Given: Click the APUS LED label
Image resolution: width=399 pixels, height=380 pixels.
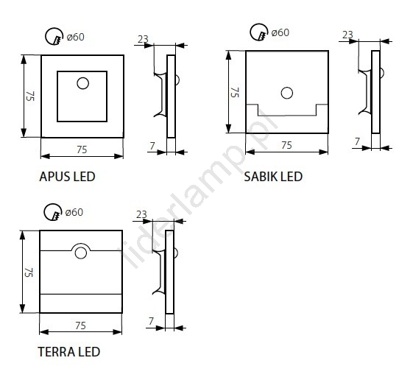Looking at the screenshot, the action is [67, 177].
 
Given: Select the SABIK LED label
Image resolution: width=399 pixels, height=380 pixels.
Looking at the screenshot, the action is [273, 177].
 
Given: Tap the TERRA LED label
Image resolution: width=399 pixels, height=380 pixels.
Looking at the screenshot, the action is [69, 352].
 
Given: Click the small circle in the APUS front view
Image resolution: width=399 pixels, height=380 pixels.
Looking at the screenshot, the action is [82, 83].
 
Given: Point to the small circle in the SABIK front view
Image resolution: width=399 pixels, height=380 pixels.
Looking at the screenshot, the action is [287, 93].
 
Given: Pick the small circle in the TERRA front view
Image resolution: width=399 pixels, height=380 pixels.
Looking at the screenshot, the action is [81, 253].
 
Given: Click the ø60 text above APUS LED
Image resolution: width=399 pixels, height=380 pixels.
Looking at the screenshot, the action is [75, 37].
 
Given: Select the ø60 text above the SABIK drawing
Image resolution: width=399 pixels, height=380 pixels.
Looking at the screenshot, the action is [280, 32].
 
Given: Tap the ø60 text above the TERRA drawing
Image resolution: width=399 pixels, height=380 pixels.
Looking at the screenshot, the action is [74, 212].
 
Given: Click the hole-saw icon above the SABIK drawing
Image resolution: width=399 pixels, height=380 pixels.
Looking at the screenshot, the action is [259, 32].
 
